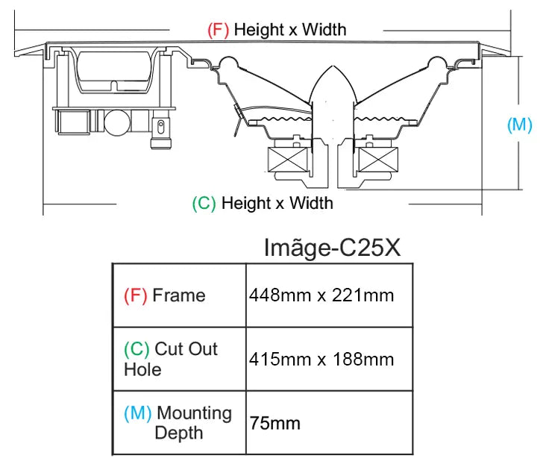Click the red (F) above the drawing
tap(218, 30)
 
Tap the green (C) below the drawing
tap(204, 204)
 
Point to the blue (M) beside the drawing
tap(520, 125)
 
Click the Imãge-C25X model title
tap(332, 248)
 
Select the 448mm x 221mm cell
tap(321, 295)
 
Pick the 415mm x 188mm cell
tap(321, 359)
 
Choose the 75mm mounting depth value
tap(274, 423)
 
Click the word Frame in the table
tap(179, 295)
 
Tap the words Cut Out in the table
tap(186, 348)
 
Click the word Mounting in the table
tap(195, 413)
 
